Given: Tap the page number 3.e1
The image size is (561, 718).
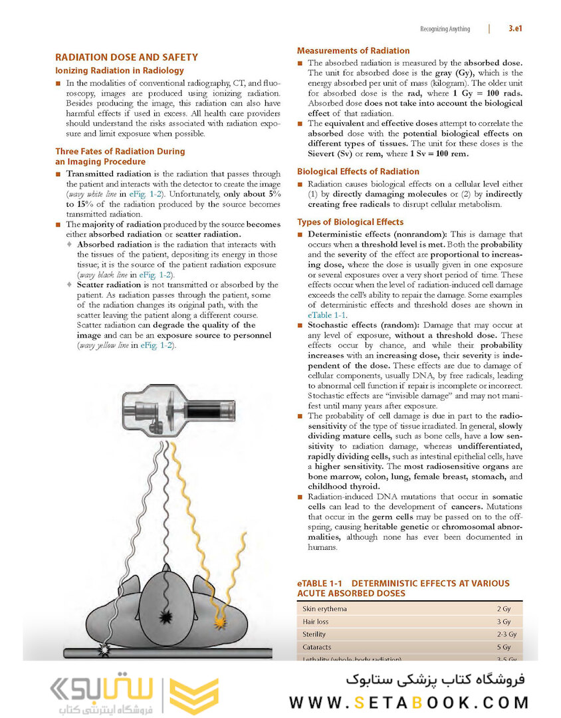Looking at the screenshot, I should (x=518, y=29).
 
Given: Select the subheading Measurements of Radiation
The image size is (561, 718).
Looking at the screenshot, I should (x=353, y=51).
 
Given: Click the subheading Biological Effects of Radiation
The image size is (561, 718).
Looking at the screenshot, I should (x=358, y=172).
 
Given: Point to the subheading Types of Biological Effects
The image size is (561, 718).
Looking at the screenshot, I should (x=350, y=222).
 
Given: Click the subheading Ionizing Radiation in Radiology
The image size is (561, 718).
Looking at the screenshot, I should (x=119, y=70).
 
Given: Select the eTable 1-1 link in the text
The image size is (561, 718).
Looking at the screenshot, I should (x=326, y=315).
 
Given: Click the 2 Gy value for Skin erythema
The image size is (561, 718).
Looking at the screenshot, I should (x=503, y=609).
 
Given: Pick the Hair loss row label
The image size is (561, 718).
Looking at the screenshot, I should (x=316, y=622).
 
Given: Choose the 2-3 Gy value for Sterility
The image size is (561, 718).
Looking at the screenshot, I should (x=506, y=634).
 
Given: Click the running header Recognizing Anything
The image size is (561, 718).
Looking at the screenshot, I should (x=445, y=29).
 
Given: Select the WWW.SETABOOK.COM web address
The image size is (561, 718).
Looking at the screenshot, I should (x=409, y=702).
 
